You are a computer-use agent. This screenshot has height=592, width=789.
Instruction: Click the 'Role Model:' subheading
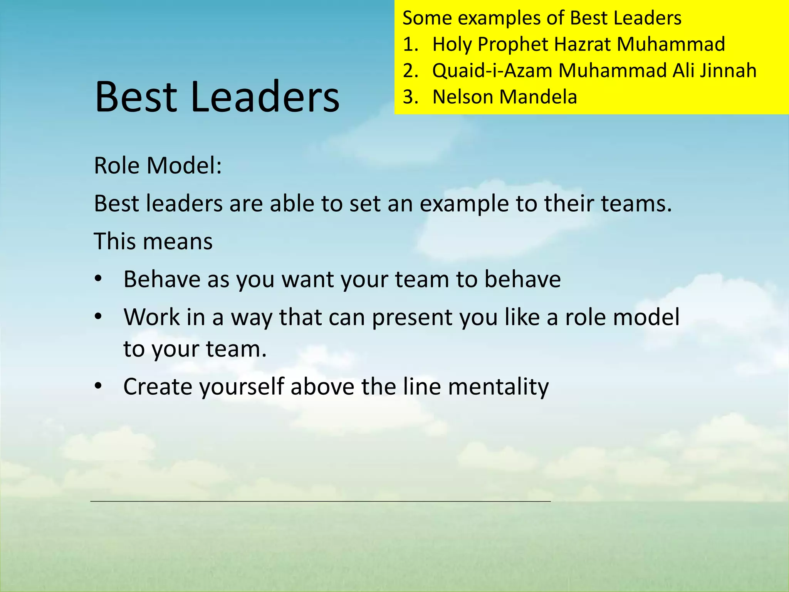click(158, 166)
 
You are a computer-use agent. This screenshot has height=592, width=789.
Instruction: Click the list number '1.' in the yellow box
click(410, 44)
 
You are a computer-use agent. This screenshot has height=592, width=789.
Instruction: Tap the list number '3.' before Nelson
click(410, 97)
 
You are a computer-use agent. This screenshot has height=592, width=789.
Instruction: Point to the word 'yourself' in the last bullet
click(242, 386)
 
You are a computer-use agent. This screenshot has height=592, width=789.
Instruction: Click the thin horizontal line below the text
click(320, 501)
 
